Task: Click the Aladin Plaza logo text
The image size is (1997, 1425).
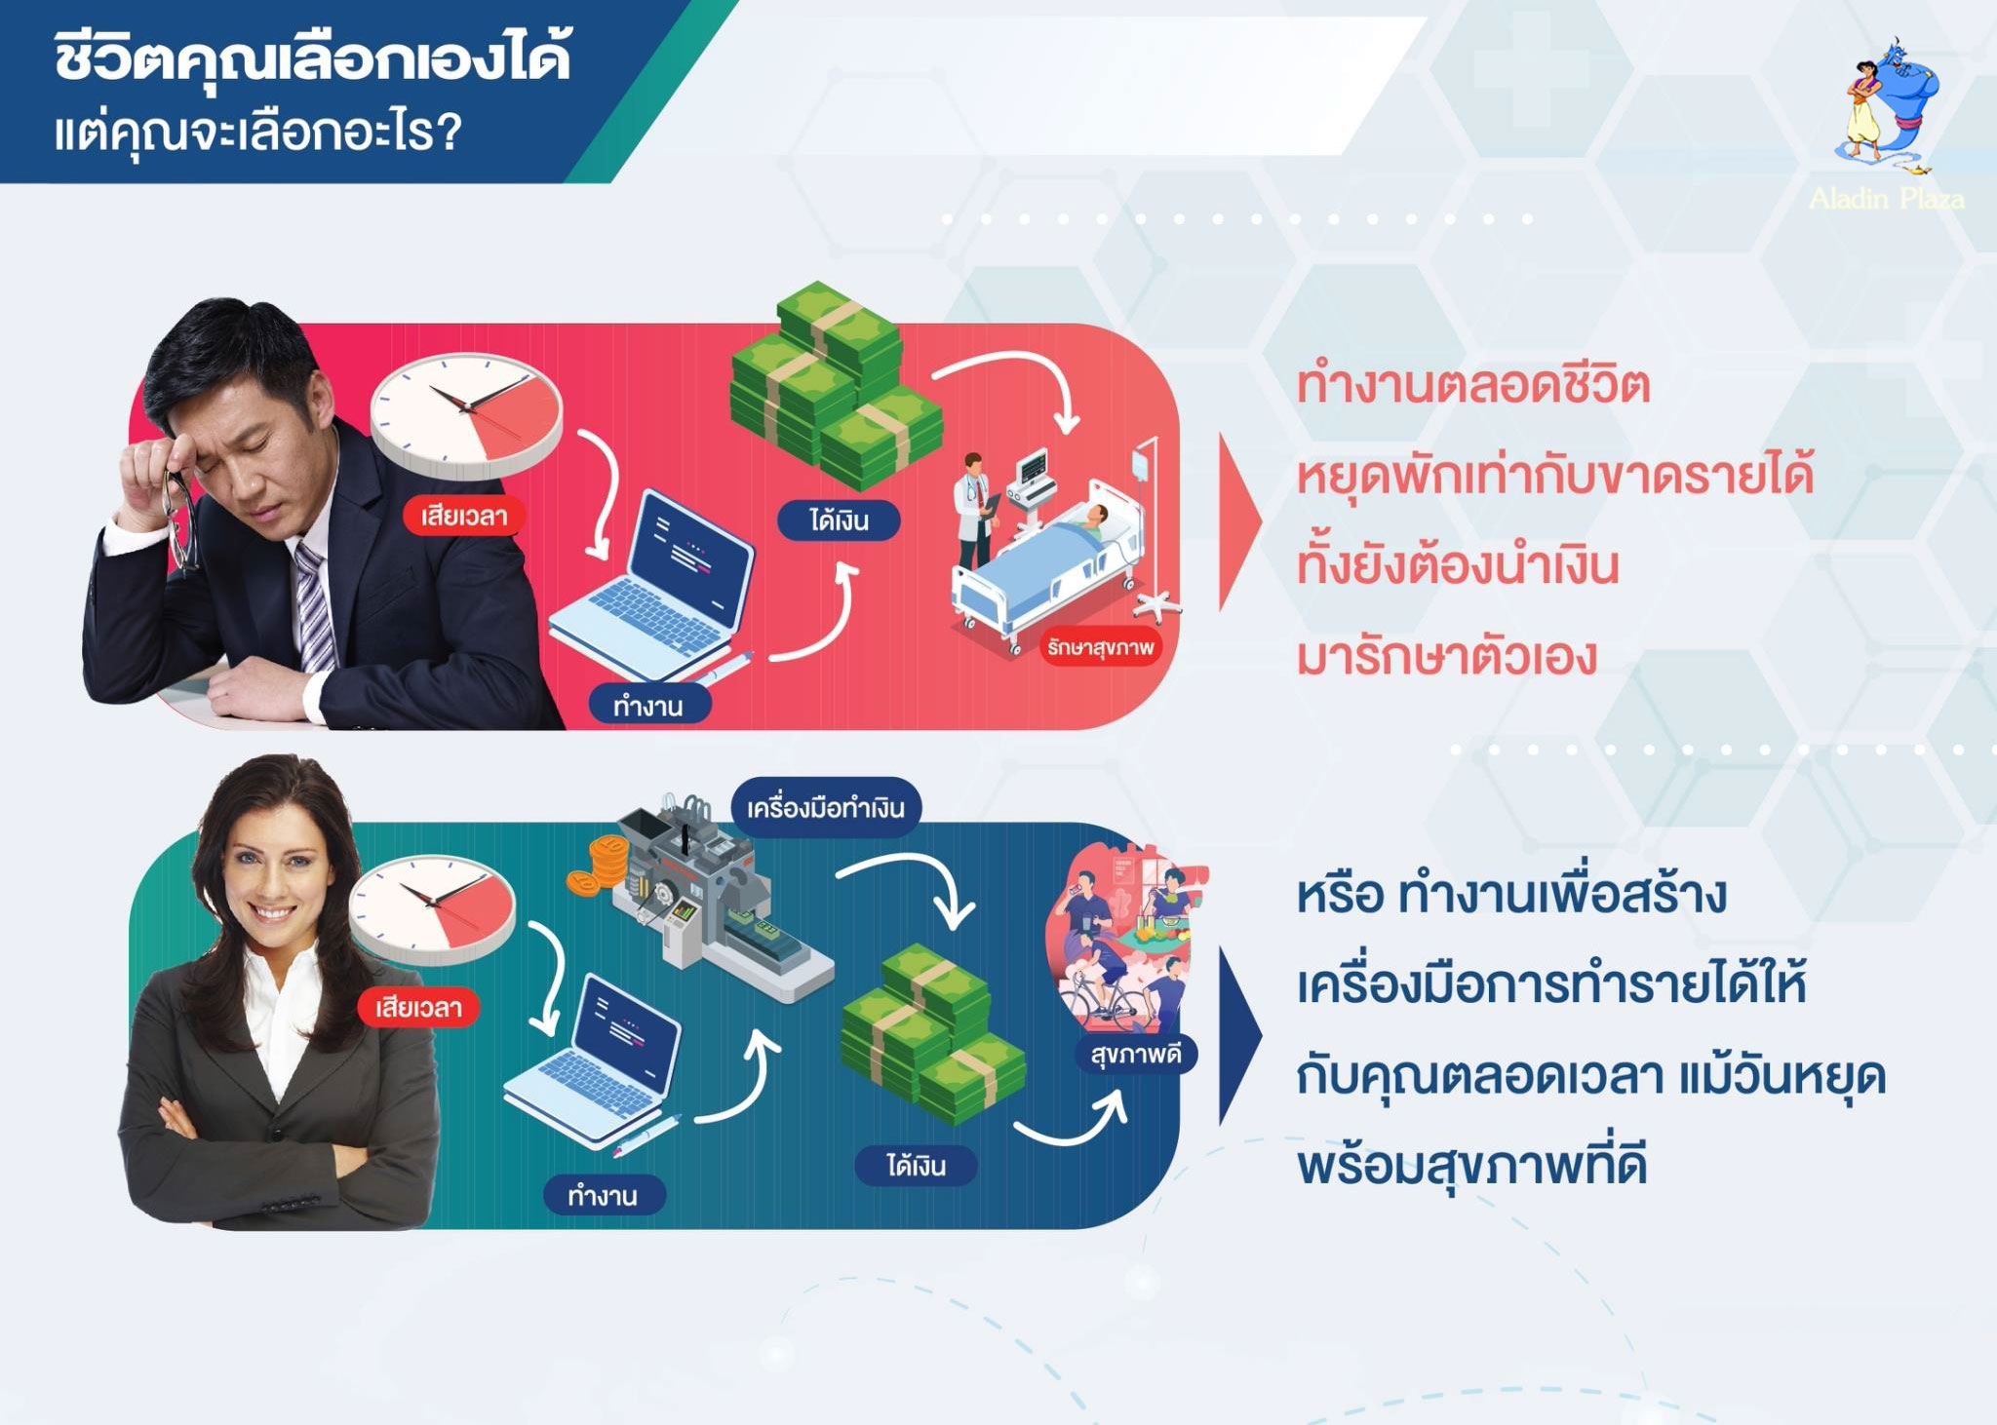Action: tap(1886, 199)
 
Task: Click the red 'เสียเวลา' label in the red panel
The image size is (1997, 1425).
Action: tap(464, 516)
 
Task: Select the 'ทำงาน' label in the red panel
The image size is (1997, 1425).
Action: tap(648, 706)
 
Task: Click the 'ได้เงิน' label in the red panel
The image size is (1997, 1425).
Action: tap(839, 520)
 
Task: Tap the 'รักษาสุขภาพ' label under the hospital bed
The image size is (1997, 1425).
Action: tap(1101, 647)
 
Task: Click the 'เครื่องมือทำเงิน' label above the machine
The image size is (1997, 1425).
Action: tap(826, 807)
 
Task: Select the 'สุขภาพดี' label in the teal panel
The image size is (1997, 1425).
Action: tap(1135, 1054)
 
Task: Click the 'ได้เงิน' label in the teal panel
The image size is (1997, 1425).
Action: tap(916, 1166)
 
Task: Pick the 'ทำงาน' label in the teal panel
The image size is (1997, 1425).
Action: tap(604, 1195)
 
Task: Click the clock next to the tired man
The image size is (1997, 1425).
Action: tap(466, 415)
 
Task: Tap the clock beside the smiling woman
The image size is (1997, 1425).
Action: tap(432, 909)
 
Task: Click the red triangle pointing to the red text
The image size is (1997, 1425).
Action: tap(1239, 522)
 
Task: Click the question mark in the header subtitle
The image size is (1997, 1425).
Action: tap(449, 131)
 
